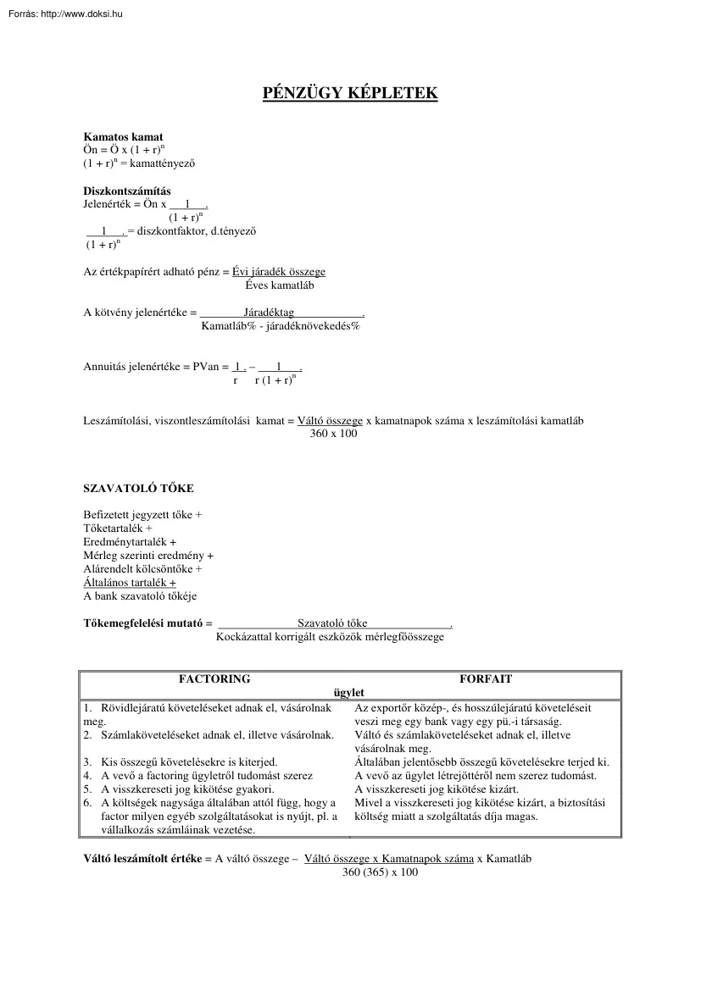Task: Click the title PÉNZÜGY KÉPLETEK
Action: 350,92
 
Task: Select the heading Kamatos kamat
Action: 123,136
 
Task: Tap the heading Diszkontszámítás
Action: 126,191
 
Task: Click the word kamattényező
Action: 168,162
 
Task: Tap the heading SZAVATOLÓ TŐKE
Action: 138,489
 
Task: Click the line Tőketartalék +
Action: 118,528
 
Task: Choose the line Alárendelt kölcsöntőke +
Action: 142,569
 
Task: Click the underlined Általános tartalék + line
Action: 130,583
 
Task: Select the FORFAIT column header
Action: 485,679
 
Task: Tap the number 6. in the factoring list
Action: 87,803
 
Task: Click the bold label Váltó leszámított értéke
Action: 142,858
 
